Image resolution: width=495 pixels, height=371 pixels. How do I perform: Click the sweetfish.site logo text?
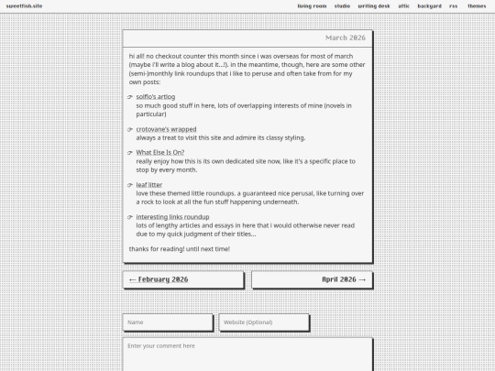click(x=25, y=5)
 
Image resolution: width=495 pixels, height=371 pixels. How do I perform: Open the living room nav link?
click(x=312, y=5)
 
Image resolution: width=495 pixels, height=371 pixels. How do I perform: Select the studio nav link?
click(x=342, y=5)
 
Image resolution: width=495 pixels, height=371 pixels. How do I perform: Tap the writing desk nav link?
click(x=374, y=5)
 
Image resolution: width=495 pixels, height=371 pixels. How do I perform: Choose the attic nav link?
click(x=404, y=5)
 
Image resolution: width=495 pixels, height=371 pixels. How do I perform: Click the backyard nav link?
click(x=429, y=5)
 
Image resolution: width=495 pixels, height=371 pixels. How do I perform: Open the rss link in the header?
click(x=454, y=5)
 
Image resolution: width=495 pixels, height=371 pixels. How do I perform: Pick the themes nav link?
click(x=477, y=5)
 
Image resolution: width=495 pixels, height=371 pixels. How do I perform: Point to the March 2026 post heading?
click(x=345, y=38)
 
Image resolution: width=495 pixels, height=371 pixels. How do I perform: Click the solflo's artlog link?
click(x=155, y=96)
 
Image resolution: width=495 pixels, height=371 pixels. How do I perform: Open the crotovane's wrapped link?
click(x=166, y=129)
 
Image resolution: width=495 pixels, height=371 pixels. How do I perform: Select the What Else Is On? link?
click(x=159, y=152)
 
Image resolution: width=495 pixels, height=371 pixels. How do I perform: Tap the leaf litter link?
click(x=149, y=185)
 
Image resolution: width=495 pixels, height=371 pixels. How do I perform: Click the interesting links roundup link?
click(x=172, y=217)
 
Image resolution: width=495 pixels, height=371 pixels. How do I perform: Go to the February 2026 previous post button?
click(x=183, y=279)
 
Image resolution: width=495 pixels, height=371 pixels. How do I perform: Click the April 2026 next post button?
click(x=313, y=279)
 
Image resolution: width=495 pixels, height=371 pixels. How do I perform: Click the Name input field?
click(x=168, y=322)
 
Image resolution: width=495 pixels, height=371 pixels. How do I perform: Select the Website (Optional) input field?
click(x=264, y=322)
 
